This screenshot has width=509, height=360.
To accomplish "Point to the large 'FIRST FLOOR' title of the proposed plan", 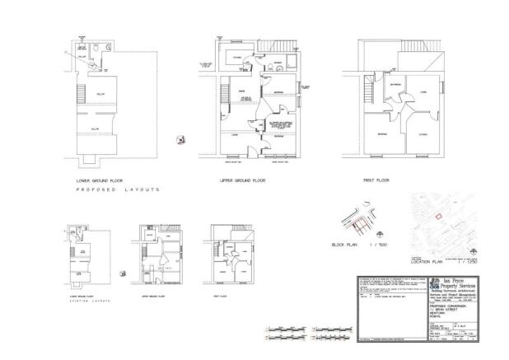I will pos(378,179).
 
